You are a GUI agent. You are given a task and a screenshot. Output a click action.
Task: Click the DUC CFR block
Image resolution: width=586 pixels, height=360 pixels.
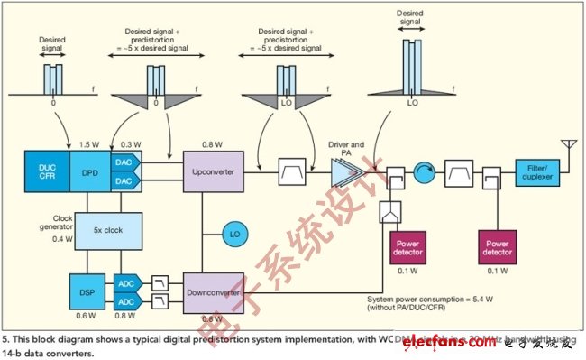45,170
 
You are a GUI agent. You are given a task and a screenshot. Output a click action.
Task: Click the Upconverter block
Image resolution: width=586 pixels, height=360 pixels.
213,170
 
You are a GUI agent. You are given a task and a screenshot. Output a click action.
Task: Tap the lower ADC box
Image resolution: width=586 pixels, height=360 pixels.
127,300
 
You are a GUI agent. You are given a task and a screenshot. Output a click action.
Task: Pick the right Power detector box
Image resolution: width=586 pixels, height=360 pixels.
501,246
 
